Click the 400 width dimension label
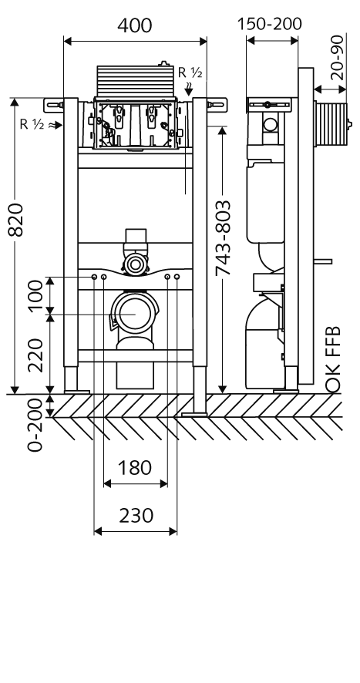[135, 25]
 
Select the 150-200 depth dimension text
[269, 24]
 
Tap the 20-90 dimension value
[337, 57]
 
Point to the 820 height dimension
[15, 219]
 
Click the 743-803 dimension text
[223, 238]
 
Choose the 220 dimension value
[36, 355]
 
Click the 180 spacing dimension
[135, 468]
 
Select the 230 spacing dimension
[136, 516]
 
